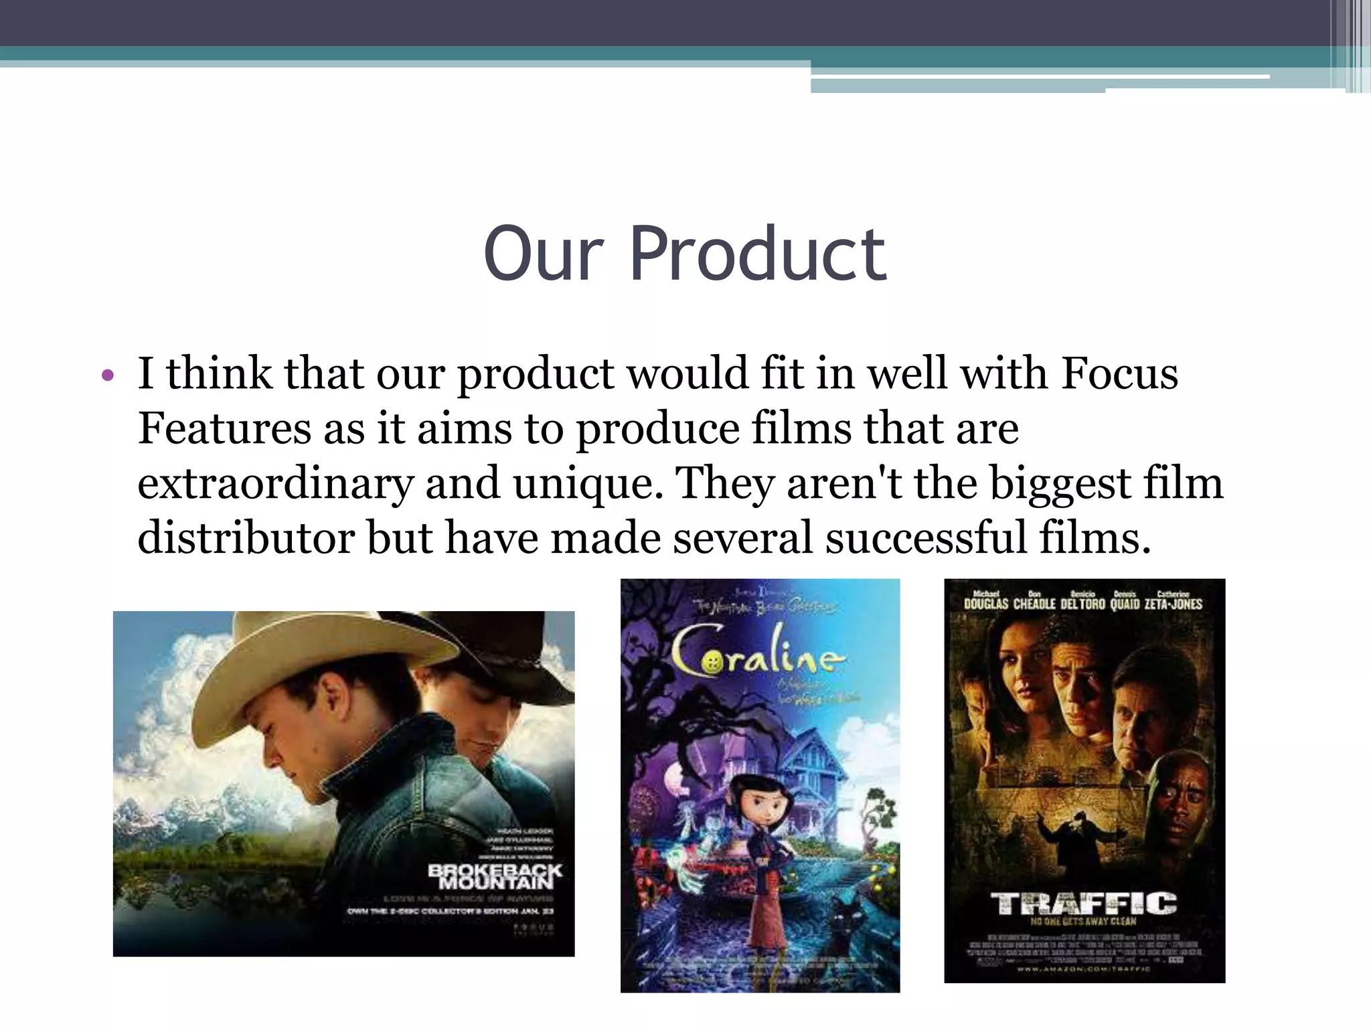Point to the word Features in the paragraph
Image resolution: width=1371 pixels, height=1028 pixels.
(224, 428)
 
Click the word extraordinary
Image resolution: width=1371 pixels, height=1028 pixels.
(275, 483)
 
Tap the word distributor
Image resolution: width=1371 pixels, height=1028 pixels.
(246, 537)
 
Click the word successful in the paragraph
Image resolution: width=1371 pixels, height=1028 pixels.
(926, 537)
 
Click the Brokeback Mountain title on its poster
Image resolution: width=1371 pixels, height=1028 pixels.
(495, 877)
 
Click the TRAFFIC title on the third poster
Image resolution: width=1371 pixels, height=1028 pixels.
(1084, 904)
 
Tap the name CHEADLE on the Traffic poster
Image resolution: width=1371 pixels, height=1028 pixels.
(1034, 604)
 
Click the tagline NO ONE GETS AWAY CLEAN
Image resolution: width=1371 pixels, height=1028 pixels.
(1084, 922)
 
